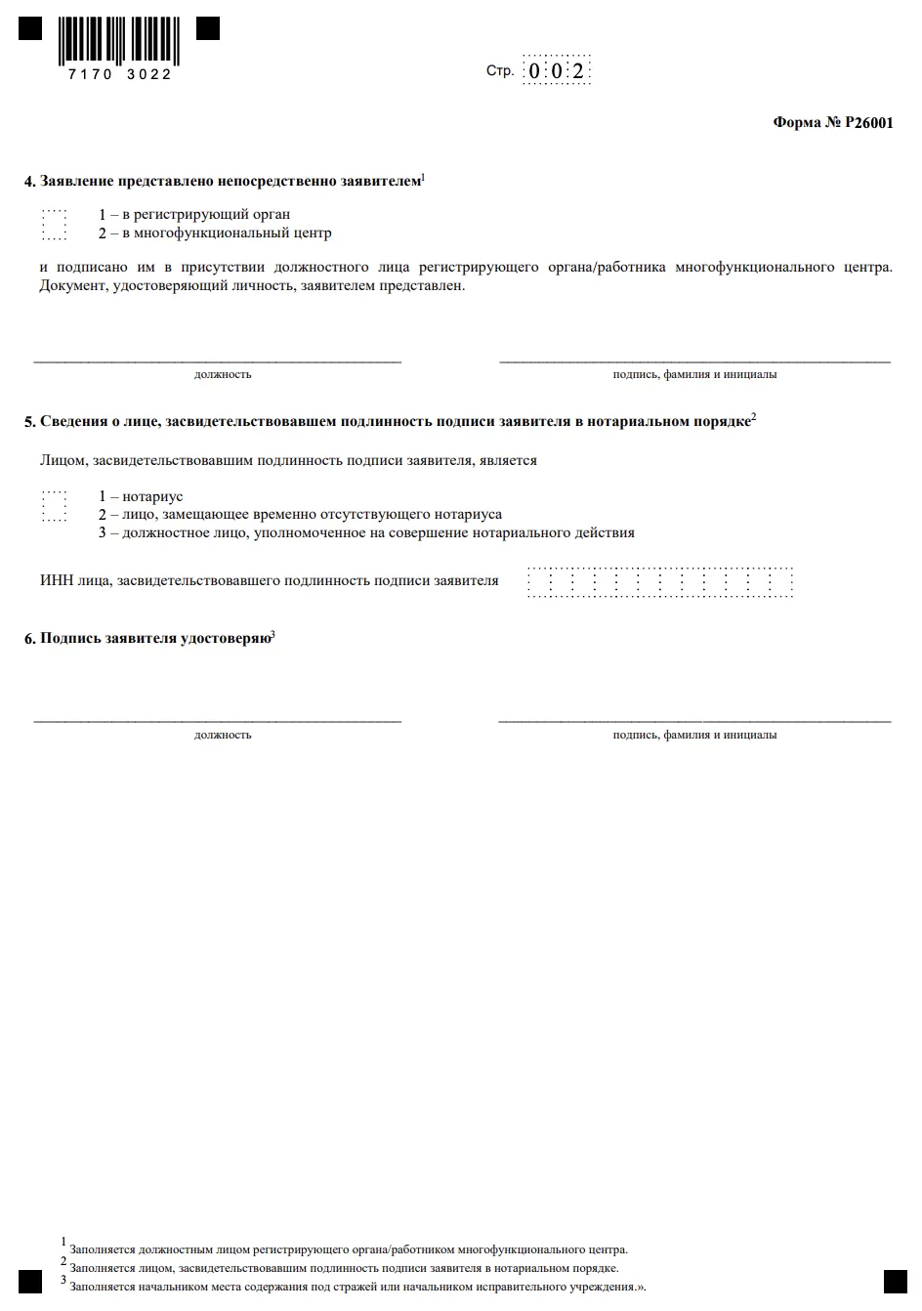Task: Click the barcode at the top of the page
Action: coord(118,39)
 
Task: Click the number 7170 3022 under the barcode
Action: coord(120,74)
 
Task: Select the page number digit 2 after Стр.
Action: coord(578,71)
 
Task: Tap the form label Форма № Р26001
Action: coord(832,123)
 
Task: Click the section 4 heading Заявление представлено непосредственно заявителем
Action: coord(230,181)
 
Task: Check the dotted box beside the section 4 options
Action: coord(55,225)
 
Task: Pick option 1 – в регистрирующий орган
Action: coord(194,214)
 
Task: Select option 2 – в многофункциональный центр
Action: coord(215,233)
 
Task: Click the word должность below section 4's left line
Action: coord(223,374)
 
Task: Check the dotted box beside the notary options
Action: coord(55,506)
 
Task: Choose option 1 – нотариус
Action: coord(141,496)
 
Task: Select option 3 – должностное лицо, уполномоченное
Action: coord(366,532)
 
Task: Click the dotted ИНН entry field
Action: coord(660,582)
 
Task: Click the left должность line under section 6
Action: coord(217,720)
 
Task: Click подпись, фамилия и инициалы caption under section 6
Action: coord(694,735)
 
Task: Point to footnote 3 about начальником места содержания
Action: coord(356,1287)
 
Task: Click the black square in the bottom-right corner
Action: coord(895,1282)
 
